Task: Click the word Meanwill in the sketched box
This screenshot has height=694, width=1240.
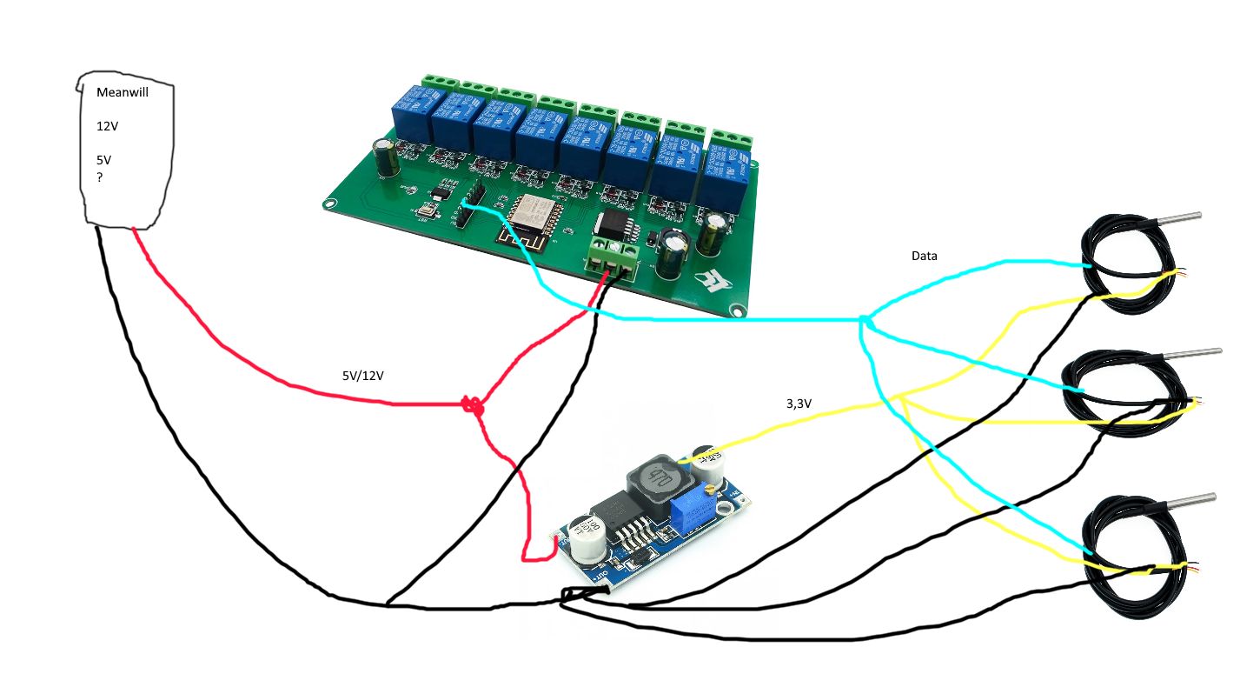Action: coord(123,93)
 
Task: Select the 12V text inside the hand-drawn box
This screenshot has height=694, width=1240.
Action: coord(107,126)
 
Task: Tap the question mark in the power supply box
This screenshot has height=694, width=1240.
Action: coord(100,177)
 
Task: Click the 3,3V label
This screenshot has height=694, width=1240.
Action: coord(798,404)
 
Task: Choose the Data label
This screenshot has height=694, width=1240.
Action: coord(924,256)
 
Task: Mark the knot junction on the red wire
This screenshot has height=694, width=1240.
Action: coord(472,404)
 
